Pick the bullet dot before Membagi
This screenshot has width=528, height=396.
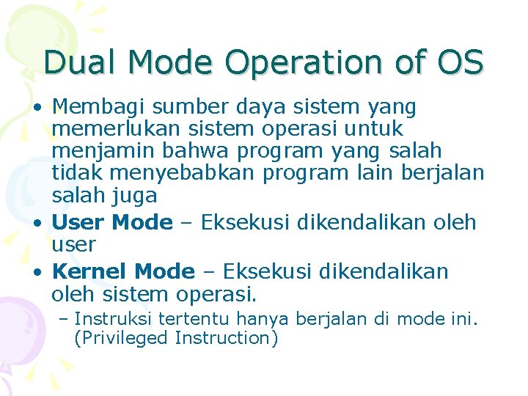coord(37,109)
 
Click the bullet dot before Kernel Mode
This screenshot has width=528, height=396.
coord(37,272)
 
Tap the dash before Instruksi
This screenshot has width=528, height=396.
coord(64,319)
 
